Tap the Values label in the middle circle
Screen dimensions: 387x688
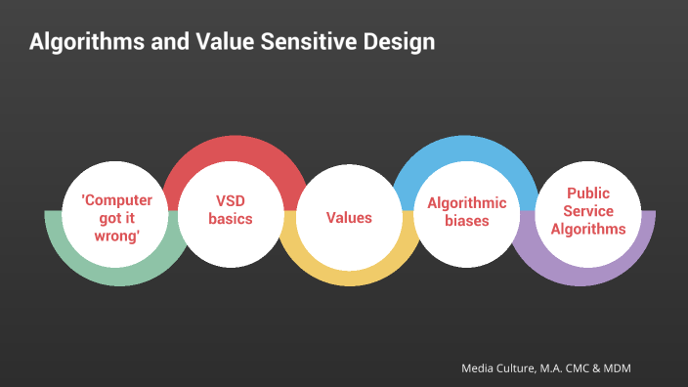click(x=349, y=217)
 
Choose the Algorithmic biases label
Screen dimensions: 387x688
click(x=467, y=211)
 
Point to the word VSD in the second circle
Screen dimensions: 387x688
click(x=232, y=201)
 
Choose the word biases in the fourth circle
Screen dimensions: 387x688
click(x=467, y=221)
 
